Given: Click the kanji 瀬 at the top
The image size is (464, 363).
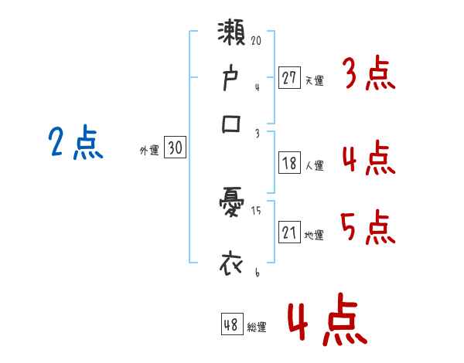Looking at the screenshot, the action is tap(233, 37).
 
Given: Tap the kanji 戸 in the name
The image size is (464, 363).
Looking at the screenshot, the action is tap(233, 79).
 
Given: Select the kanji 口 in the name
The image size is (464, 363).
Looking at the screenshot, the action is tap(233, 124).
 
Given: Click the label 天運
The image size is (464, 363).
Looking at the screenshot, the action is tap(314, 80).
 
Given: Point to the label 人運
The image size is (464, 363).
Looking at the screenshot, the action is tap(314, 165).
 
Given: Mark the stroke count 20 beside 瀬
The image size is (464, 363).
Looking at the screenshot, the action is tap(256, 39).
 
